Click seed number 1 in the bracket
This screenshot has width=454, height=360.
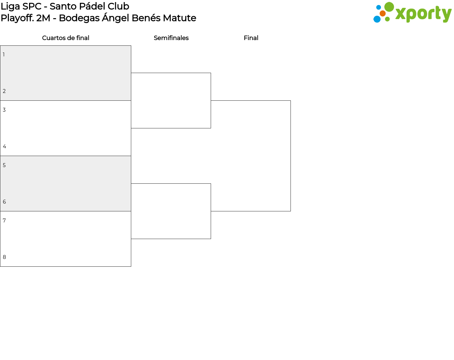(4, 54)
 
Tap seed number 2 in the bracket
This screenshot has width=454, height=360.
(4, 91)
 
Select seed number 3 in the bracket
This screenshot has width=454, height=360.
(4, 110)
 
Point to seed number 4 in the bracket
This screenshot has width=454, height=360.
(4, 146)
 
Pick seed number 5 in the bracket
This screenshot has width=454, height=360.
(4, 165)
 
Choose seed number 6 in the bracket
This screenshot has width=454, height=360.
(4, 202)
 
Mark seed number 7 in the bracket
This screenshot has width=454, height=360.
(4, 221)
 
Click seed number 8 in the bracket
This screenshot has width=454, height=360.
(4, 257)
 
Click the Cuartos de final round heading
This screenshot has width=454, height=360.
(66, 38)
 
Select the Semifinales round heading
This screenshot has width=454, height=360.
(171, 38)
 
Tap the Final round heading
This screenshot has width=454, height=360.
(251, 38)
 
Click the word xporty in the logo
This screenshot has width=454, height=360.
(423, 14)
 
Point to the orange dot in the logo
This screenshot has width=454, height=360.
(383, 13)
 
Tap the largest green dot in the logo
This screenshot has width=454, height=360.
(389, 7)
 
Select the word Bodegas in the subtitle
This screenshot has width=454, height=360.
(79, 18)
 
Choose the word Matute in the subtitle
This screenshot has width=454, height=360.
(179, 18)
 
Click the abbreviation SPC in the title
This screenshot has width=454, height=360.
(32, 6)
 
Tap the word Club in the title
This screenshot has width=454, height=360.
(118, 6)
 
